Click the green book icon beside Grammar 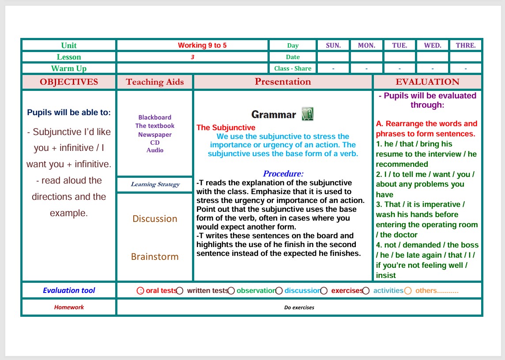(x=307, y=114)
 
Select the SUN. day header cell (x=333, y=45)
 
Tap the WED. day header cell (x=433, y=45)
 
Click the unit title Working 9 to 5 (x=202, y=45)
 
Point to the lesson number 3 (x=192, y=57)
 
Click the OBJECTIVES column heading (x=69, y=82)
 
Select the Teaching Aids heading (x=155, y=82)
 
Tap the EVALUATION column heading (x=427, y=82)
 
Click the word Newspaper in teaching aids (x=155, y=135)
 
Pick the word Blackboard (x=155, y=117)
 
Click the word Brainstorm (x=155, y=257)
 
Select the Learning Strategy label (x=155, y=184)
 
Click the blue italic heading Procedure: (x=283, y=174)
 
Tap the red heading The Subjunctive (x=226, y=128)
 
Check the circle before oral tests (x=140, y=291)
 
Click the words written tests (x=207, y=291)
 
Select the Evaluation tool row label (x=69, y=290)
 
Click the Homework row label (x=69, y=307)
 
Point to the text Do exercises (x=299, y=307)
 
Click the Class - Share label (x=293, y=68)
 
